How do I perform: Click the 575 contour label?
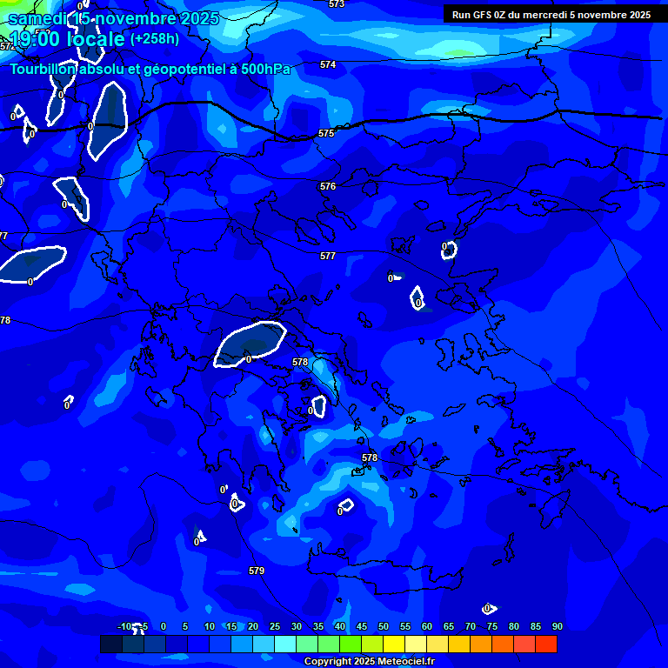point(326,133)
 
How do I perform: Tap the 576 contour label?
point(328,186)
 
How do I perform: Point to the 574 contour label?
point(328,64)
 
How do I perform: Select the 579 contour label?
point(257,571)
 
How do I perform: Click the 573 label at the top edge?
point(337,4)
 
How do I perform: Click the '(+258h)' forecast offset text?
point(155,39)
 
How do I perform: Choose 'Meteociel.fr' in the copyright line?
point(406,662)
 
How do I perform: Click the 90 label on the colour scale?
point(558,626)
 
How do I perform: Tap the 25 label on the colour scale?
point(275,626)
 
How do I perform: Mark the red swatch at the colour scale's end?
point(546,644)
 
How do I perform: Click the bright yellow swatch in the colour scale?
point(394,644)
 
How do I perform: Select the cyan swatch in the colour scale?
point(285,644)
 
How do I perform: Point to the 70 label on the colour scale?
point(471,626)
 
